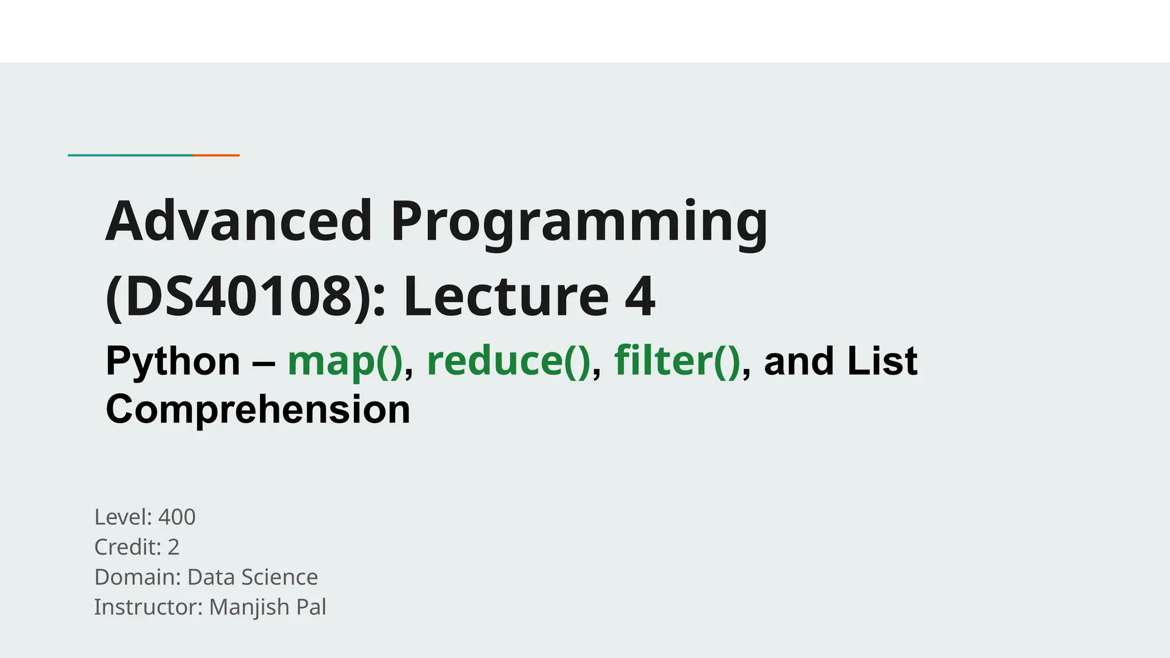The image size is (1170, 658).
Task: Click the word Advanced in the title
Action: click(x=239, y=222)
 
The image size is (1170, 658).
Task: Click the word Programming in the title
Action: click(x=579, y=223)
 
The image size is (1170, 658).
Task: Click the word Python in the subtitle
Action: click(x=173, y=362)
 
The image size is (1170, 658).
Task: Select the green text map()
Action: click(x=345, y=362)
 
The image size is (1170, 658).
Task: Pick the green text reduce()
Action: click(x=508, y=362)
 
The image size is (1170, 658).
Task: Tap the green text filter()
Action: click(x=677, y=362)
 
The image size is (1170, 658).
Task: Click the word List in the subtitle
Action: click(x=882, y=362)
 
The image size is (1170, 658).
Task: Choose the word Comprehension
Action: click(x=258, y=410)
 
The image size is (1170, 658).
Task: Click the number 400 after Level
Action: click(x=177, y=517)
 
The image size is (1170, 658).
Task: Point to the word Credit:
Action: click(x=128, y=547)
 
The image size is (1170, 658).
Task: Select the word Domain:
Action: click(x=138, y=577)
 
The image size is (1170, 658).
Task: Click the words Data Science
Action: click(x=253, y=577)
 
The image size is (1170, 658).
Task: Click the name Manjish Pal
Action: click(x=267, y=607)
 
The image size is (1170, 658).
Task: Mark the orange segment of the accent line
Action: click(x=216, y=155)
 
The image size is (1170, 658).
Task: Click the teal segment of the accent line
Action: click(x=130, y=155)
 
